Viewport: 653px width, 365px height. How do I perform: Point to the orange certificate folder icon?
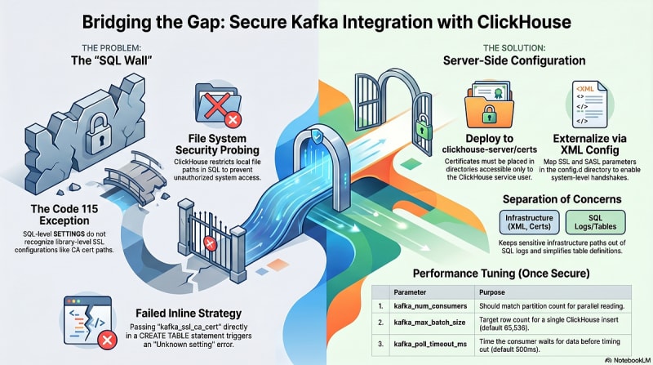pyautogui.click(x=489, y=105)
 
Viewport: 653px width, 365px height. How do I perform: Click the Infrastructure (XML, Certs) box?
pyautogui.click(x=529, y=222)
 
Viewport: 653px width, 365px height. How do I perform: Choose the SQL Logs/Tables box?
pyautogui.click(x=596, y=222)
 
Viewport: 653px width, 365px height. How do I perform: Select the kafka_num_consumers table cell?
pyautogui.click(x=431, y=306)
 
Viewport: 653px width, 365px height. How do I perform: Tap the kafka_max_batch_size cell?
pyautogui.click(x=431, y=323)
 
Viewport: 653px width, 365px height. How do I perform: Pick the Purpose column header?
pyautogui.click(x=492, y=292)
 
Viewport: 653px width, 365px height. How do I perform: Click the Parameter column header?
pyautogui.click(x=410, y=292)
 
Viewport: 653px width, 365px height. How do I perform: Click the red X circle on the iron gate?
pyautogui.click(x=210, y=243)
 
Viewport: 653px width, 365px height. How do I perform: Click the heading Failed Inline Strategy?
pyautogui.click(x=189, y=314)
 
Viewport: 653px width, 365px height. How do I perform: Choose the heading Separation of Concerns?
pyautogui.click(x=562, y=199)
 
